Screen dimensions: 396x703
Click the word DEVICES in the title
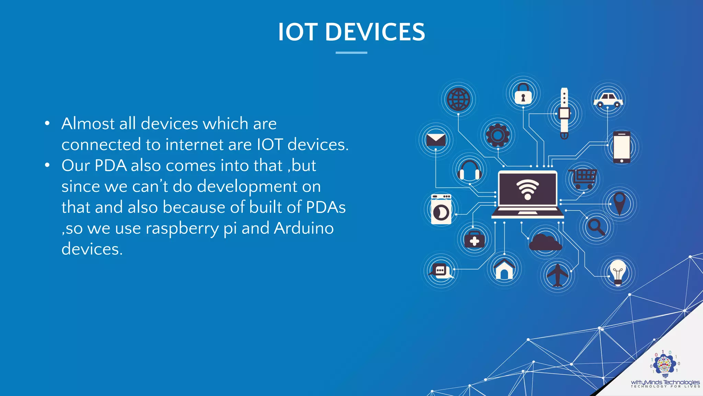point(375,32)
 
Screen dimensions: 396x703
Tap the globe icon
point(458,99)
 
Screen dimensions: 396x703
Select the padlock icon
point(523,93)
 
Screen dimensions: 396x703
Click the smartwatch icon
point(564,113)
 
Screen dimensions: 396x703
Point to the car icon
point(608,100)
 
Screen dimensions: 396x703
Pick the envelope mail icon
point(436,140)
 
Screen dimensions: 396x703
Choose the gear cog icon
point(497,135)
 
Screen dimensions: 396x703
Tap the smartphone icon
point(622,147)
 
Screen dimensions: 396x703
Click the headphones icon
point(469,170)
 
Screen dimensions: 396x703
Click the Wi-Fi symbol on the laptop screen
point(528,189)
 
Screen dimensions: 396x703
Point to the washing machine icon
point(441,209)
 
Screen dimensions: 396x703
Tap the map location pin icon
point(619,203)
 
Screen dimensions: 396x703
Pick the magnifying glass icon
point(596,227)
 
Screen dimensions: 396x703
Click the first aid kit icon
point(474,239)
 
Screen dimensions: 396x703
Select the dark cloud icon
point(545,242)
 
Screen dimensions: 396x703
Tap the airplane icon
point(557,275)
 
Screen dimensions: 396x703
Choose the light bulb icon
point(618,273)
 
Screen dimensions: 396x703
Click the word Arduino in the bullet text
point(304,228)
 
